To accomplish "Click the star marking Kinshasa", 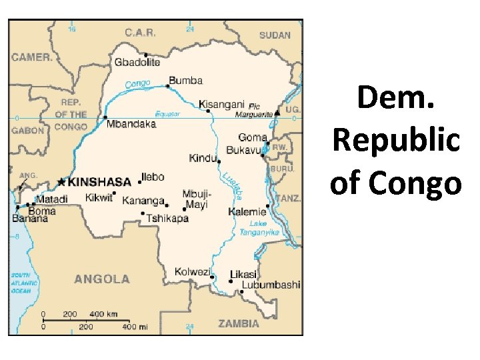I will pyautogui.click(x=61, y=181).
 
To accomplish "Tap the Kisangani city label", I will pyautogui.click(x=221, y=104).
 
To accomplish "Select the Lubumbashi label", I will pyautogui.click(x=271, y=285).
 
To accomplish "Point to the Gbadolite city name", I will pyautogui.click(x=137, y=62).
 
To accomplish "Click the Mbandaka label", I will pyautogui.click(x=130, y=124).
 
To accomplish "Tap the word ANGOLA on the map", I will pyautogui.click(x=101, y=279).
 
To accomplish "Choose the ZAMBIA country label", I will pyautogui.click(x=238, y=324).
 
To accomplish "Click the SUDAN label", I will pyautogui.click(x=275, y=35).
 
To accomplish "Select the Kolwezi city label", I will pyautogui.click(x=192, y=271).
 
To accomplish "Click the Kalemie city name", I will pyautogui.click(x=247, y=212).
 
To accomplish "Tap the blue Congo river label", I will pyautogui.click(x=138, y=84).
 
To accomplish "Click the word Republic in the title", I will pyautogui.click(x=395, y=141).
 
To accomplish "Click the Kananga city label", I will pyautogui.click(x=143, y=201).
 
